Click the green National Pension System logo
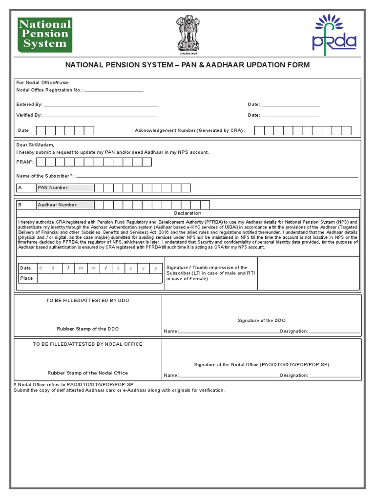[x=45, y=35]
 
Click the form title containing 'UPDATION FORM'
[x=187, y=65]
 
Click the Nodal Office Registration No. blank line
[x=114, y=91]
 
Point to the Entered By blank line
[x=101, y=105]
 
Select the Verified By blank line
[x=101, y=116]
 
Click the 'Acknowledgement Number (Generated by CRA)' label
[x=190, y=131]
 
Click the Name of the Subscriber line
[x=217, y=176]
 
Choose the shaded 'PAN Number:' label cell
[x=64, y=188]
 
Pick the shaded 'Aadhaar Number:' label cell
[x=64, y=205]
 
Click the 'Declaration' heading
[x=187, y=213]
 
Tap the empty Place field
[x=100, y=278]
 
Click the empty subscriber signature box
[x=309, y=273]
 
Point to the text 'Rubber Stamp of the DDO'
[x=88, y=329]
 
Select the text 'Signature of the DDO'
[x=262, y=321]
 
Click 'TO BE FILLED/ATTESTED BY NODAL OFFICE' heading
[x=88, y=344]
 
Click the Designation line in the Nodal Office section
[x=334, y=376]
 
